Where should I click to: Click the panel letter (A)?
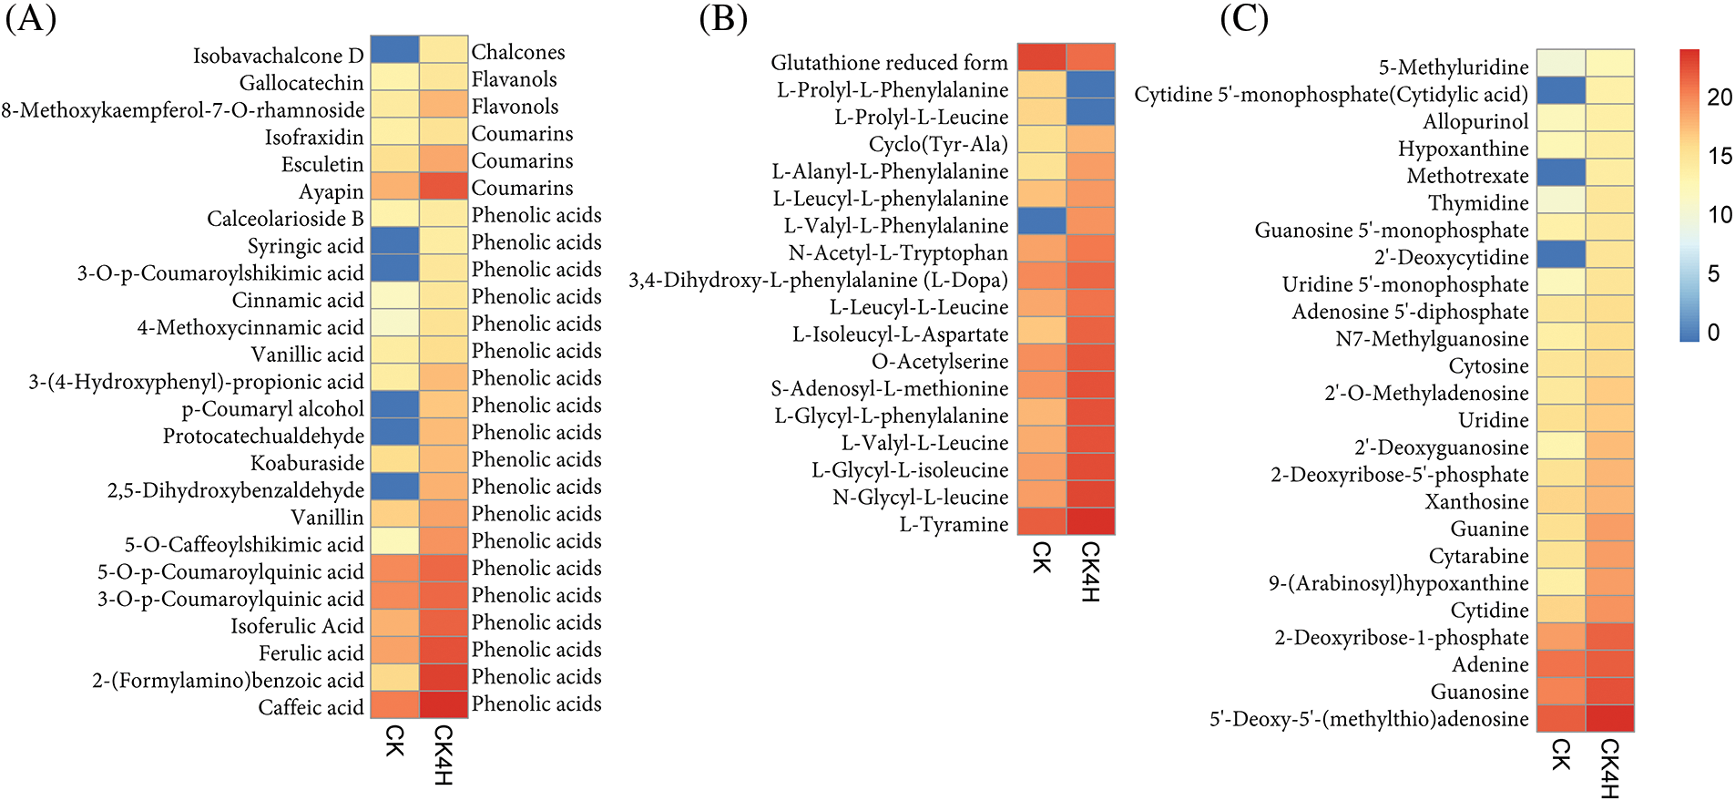click(30, 19)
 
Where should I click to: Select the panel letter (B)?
click(723, 19)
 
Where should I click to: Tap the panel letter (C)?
click(1243, 19)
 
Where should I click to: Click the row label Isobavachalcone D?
click(278, 56)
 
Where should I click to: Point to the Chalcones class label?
click(518, 52)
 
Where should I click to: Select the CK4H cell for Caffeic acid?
click(444, 704)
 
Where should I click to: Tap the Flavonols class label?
click(515, 107)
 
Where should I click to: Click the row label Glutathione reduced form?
click(889, 63)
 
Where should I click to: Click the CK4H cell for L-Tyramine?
click(1090, 520)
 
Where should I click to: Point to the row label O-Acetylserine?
click(940, 362)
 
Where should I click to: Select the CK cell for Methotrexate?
click(1560, 172)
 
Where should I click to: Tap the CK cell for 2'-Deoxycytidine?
click(1560, 254)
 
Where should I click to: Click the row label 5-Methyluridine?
click(1454, 67)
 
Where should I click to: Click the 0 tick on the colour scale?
click(1713, 333)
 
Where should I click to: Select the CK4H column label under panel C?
click(1609, 768)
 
